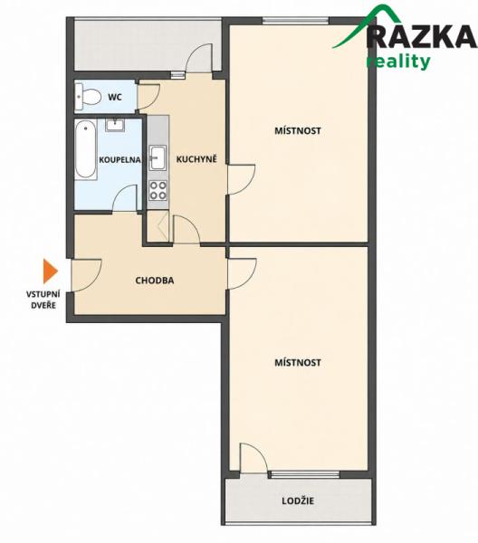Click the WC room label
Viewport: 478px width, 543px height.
[115, 97]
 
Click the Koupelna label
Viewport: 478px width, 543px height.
[119, 160]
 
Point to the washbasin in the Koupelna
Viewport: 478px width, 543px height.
[115, 125]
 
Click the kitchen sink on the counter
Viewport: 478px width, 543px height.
[158, 157]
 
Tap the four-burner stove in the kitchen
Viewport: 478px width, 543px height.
[158, 191]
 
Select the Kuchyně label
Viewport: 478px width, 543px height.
[196, 159]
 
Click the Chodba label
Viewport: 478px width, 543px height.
[155, 281]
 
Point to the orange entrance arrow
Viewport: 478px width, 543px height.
[50, 271]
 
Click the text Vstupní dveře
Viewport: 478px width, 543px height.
[43, 300]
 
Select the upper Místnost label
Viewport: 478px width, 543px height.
[298, 131]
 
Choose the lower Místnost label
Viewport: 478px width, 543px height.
[298, 363]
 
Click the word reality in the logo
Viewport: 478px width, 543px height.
[398, 62]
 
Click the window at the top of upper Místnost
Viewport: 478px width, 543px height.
[295, 21]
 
